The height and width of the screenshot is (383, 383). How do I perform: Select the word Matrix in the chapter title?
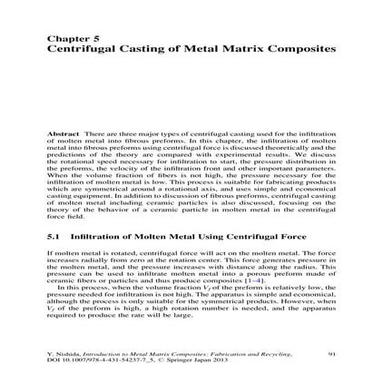[x=242, y=47]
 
